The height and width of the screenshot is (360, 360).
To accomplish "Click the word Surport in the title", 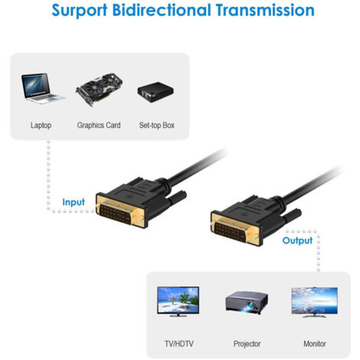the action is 79,11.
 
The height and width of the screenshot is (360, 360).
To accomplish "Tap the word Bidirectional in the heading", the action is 162,10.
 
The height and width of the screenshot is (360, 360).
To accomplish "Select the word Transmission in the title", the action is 265,10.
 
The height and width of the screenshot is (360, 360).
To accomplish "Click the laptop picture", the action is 43,89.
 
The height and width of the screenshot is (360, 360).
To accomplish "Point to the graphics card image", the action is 99,90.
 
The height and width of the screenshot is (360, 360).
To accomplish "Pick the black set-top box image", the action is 155,92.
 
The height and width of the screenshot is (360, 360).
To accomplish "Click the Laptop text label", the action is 41,126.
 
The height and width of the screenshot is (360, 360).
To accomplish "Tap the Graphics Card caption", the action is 99,125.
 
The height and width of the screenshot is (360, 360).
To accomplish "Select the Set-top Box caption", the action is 157,125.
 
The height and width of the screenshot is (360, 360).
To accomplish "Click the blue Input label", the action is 74,202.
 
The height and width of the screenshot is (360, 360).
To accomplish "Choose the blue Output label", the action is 297,241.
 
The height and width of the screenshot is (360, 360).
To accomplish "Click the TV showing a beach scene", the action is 178,302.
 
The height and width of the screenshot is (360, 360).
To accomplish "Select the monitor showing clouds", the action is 315,303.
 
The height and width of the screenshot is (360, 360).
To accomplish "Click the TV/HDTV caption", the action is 179,344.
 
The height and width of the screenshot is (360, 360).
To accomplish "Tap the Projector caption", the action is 247,344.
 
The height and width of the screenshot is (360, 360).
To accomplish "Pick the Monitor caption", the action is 315,344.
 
